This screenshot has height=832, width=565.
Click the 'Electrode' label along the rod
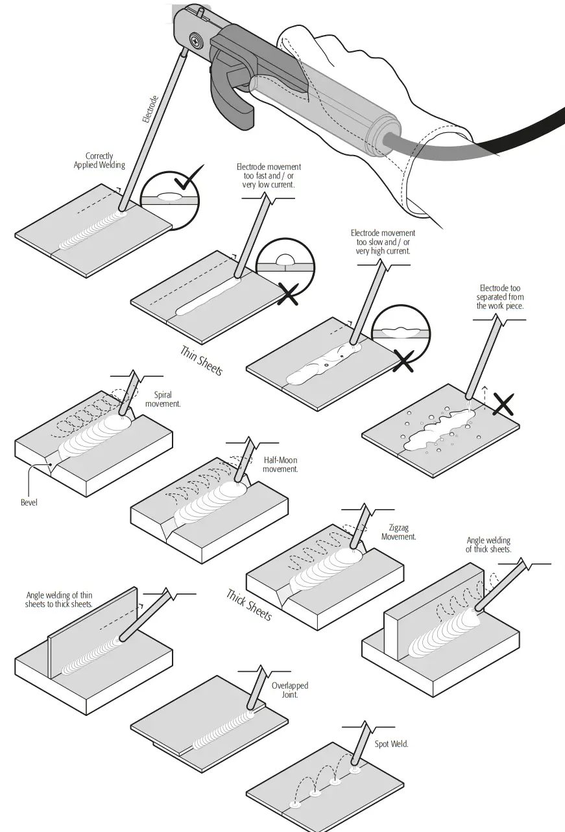point(150,110)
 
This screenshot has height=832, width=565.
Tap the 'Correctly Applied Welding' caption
point(99,161)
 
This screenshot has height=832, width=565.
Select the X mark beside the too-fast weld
point(287,293)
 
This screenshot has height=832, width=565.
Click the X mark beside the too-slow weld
point(403,361)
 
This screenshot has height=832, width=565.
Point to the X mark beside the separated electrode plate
point(504,405)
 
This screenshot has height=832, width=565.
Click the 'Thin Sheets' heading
point(201,361)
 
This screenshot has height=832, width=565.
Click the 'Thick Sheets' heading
point(248,604)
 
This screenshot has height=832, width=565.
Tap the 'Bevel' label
point(29,502)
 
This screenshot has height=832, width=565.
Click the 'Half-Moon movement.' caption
point(280,464)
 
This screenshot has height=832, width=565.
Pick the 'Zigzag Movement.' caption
point(398,532)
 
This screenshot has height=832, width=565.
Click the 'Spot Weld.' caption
point(391,744)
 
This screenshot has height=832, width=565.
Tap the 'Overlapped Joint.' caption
point(289,690)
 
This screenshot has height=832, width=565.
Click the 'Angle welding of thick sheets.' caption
point(488,545)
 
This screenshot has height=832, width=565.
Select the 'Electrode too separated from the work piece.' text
point(499,297)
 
